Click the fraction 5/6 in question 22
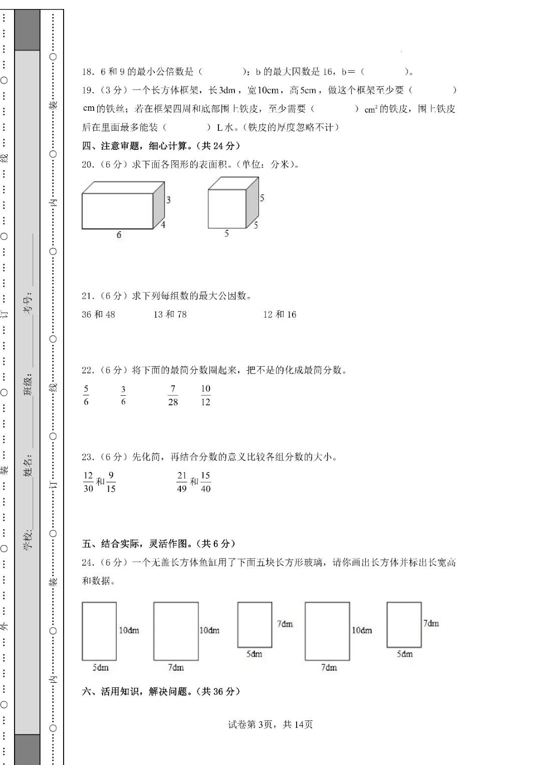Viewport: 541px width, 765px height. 86,395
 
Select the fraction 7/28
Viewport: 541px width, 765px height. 173,395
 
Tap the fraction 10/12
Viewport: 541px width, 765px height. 205,395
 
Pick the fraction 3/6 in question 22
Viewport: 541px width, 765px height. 123,395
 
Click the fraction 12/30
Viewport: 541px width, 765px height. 88,482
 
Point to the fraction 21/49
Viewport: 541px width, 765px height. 182,482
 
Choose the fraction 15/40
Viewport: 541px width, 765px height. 205,482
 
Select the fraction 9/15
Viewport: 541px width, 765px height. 111,482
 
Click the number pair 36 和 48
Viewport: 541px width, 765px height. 98,315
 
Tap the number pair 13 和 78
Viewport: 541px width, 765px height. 170,315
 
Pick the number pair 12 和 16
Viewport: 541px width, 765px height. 280,315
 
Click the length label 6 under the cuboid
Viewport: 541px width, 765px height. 119,235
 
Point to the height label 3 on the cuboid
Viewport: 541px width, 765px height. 168,200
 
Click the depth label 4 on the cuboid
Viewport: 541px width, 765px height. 163,224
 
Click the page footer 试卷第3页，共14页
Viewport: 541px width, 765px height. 270,724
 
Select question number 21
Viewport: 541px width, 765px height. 88,296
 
